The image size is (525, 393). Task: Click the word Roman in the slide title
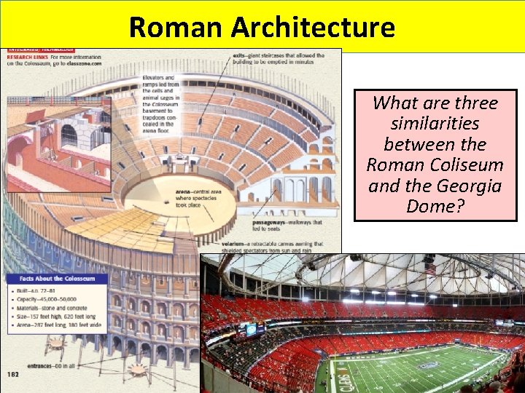point(177,27)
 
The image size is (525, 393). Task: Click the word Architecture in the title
point(313,27)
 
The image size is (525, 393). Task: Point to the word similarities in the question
point(435,124)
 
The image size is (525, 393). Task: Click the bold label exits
point(238,55)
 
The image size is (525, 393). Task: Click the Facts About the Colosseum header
point(48,279)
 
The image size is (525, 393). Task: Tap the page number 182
point(14,373)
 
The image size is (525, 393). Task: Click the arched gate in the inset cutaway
point(69,135)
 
